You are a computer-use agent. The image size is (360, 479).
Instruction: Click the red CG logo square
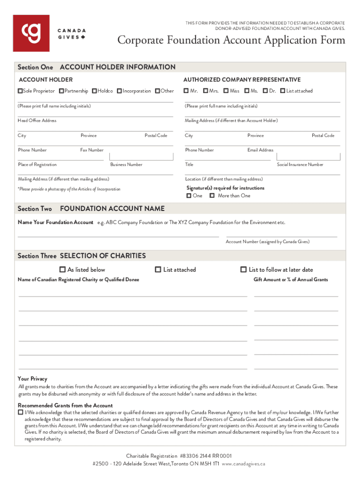(x=31, y=33)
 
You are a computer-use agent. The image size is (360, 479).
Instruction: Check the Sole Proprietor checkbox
(x=20, y=91)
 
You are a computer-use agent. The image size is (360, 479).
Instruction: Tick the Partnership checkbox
(x=62, y=91)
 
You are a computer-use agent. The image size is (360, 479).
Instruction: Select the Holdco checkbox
(x=94, y=91)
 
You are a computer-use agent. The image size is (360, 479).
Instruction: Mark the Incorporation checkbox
(x=119, y=91)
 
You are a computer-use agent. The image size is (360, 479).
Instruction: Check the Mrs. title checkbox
(x=205, y=91)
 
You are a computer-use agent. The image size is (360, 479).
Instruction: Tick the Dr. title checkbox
(x=265, y=91)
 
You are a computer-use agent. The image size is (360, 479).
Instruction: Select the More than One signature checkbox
(x=212, y=196)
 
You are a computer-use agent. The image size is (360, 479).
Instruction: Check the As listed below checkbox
(x=62, y=269)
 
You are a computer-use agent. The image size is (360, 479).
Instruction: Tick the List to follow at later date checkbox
(x=243, y=269)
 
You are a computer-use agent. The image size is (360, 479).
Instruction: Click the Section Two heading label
(x=35, y=209)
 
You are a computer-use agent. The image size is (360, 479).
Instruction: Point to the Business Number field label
(x=126, y=165)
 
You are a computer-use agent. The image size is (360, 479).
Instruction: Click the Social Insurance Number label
(x=300, y=165)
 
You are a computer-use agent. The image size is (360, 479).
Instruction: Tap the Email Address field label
(x=260, y=150)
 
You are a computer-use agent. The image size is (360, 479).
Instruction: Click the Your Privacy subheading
(x=32, y=378)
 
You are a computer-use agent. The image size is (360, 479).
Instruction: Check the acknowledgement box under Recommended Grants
(x=20, y=413)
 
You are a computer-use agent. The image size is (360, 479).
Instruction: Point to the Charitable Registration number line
(x=179, y=456)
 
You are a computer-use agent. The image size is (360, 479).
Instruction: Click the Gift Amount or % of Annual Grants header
(x=291, y=280)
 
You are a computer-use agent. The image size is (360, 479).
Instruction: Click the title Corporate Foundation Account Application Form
(x=231, y=40)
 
